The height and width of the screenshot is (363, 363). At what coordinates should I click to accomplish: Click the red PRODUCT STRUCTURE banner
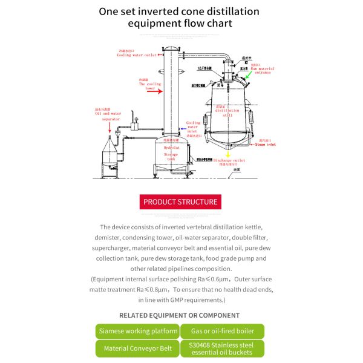(180, 201)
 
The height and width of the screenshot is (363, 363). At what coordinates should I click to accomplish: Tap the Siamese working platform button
(137, 331)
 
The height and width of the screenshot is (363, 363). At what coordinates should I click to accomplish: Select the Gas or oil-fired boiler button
(222, 331)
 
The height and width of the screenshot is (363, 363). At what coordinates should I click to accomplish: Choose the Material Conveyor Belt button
(137, 348)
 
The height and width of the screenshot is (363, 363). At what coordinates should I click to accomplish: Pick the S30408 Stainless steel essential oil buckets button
(222, 348)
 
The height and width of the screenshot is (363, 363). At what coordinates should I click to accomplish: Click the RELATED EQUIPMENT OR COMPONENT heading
(179, 315)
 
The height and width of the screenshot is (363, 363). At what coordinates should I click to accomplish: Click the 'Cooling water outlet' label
(137, 55)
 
